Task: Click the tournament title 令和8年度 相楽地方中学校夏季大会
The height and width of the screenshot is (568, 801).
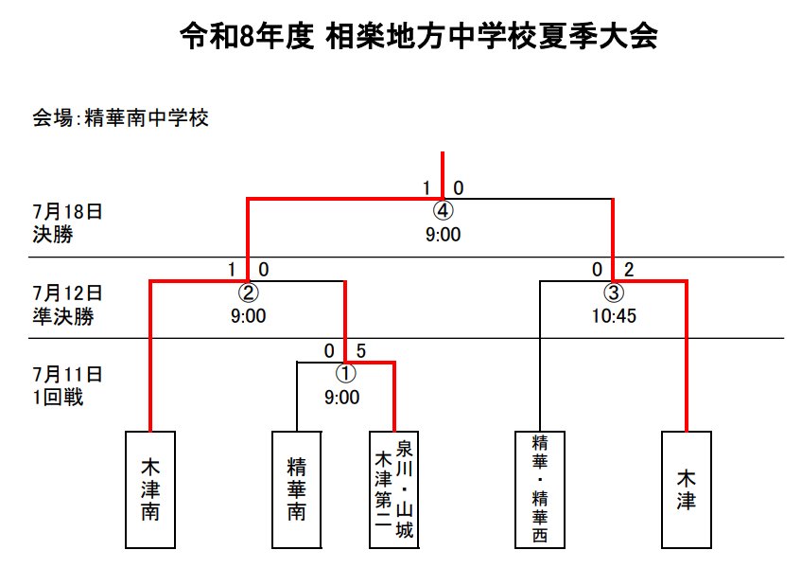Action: pyautogui.click(x=418, y=36)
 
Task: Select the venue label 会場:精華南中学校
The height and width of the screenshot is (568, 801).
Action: pyautogui.click(x=120, y=118)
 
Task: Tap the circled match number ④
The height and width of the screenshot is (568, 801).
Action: pyautogui.click(x=443, y=211)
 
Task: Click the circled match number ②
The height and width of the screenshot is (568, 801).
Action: pyautogui.click(x=249, y=293)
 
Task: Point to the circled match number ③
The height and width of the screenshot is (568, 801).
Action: pyautogui.click(x=614, y=293)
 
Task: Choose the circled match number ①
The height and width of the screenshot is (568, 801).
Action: pyautogui.click(x=346, y=373)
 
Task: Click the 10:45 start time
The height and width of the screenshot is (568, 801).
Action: pyautogui.click(x=614, y=316)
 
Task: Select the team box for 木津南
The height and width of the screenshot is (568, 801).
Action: pyautogui.click(x=150, y=489)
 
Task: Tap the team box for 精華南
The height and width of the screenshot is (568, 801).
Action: pyautogui.click(x=297, y=489)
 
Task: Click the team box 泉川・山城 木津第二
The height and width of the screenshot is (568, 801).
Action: pyautogui.click(x=393, y=489)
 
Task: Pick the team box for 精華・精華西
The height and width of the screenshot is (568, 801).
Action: pyautogui.click(x=540, y=489)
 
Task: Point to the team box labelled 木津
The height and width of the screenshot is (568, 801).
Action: pyautogui.click(x=687, y=489)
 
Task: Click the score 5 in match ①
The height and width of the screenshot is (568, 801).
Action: pyautogui.click(x=360, y=351)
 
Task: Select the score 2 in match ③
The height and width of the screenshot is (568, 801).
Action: pyautogui.click(x=629, y=270)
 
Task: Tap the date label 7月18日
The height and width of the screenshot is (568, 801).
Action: pyautogui.click(x=68, y=211)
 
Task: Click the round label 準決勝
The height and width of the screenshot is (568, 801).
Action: pyautogui.click(x=63, y=316)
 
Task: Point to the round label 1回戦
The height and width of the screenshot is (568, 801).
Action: pyautogui.click(x=58, y=398)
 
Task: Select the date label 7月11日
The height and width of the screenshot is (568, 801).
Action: pyautogui.click(x=68, y=374)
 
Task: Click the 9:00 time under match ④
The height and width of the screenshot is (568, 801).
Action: pyautogui.click(x=443, y=235)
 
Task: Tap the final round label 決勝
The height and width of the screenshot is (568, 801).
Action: pyautogui.click(x=53, y=235)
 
